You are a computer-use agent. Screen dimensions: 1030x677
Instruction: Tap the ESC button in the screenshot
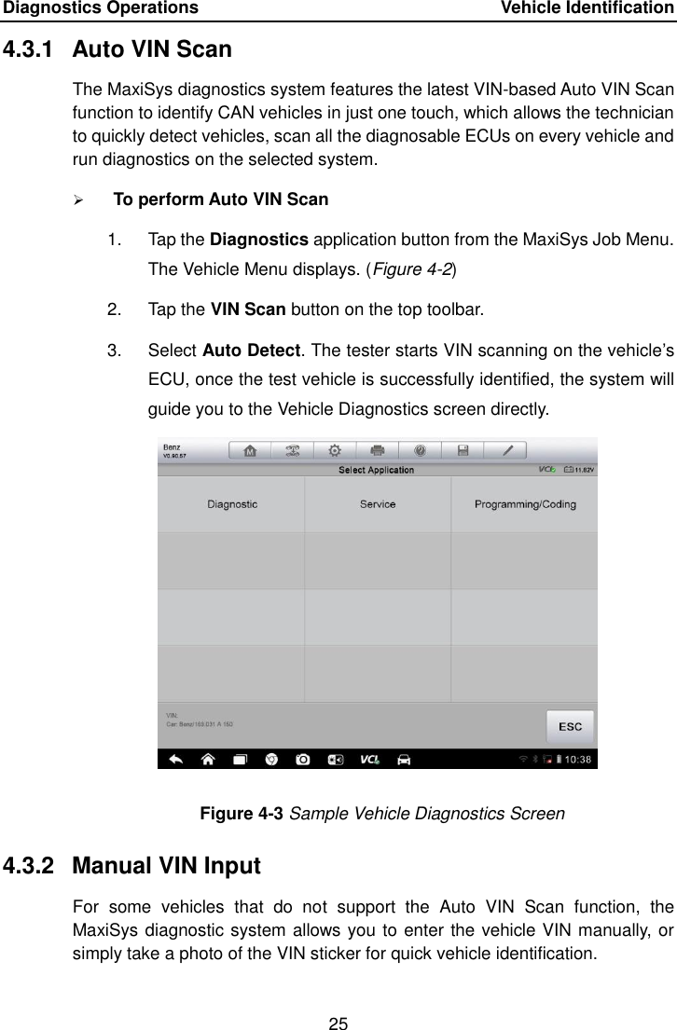click(569, 726)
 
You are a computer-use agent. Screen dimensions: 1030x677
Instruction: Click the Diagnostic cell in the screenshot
click(232, 504)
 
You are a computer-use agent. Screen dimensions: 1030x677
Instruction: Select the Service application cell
click(378, 504)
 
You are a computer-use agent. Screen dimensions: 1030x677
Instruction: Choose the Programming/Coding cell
click(525, 504)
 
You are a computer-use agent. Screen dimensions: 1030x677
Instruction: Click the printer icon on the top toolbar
click(379, 450)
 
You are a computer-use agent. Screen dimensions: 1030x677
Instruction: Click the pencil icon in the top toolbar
click(508, 450)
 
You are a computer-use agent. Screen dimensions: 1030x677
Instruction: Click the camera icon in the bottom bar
click(304, 760)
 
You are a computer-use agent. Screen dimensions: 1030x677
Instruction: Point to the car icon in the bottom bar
click(404, 760)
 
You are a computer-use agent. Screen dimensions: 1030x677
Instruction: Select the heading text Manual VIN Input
click(166, 866)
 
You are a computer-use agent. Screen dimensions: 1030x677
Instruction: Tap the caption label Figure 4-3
click(242, 814)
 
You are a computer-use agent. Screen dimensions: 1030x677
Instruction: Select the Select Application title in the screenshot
click(377, 471)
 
